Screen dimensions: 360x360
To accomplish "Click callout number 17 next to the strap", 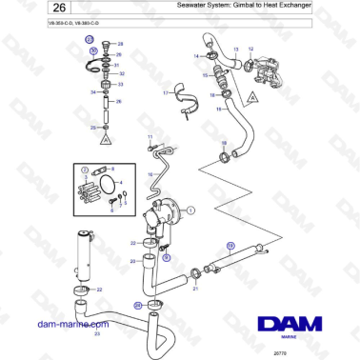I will pyautogui.click(x=164, y=93).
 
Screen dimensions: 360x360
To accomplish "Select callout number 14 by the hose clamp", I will pyautogui.click(x=195, y=56).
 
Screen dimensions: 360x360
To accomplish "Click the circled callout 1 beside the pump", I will pyautogui.click(x=190, y=209).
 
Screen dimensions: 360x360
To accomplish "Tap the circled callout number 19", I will pyautogui.click(x=229, y=246).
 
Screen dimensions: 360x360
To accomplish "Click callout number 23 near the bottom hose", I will pyautogui.click(x=96, y=334).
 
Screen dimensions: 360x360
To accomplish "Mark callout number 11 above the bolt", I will pyautogui.click(x=150, y=139).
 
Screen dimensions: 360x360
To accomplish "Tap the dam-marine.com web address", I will pyautogui.click(x=68, y=323).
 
